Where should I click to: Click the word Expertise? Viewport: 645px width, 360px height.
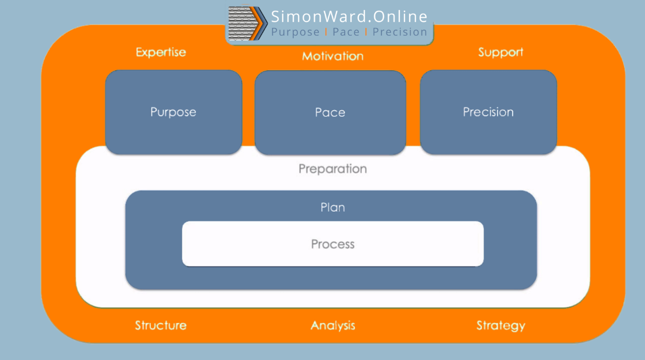[x=161, y=52]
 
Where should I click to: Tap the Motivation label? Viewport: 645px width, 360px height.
[x=333, y=56]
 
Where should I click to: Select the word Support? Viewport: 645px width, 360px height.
[x=501, y=52]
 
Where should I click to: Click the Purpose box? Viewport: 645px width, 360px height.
[x=174, y=112]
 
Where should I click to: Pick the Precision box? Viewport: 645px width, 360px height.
[x=488, y=112]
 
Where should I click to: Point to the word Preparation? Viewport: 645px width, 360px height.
[x=333, y=168]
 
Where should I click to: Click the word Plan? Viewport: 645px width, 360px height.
[x=333, y=207]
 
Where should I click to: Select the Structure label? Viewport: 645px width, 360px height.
[x=161, y=325]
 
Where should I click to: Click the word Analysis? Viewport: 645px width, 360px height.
[x=333, y=325]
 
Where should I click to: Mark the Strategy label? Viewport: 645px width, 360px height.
[x=501, y=325]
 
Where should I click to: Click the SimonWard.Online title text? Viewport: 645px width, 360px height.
[x=349, y=17]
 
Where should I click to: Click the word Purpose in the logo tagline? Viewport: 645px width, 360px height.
[x=295, y=32]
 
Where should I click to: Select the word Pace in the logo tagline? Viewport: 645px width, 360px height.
[x=346, y=32]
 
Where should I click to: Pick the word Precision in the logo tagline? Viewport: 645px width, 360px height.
[x=400, y=32]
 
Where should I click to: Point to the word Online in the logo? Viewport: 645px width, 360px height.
[x=402, y=17]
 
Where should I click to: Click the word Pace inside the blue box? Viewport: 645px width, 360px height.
[x=330, y=112]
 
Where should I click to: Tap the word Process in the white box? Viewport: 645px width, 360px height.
[x=333, y=244]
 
